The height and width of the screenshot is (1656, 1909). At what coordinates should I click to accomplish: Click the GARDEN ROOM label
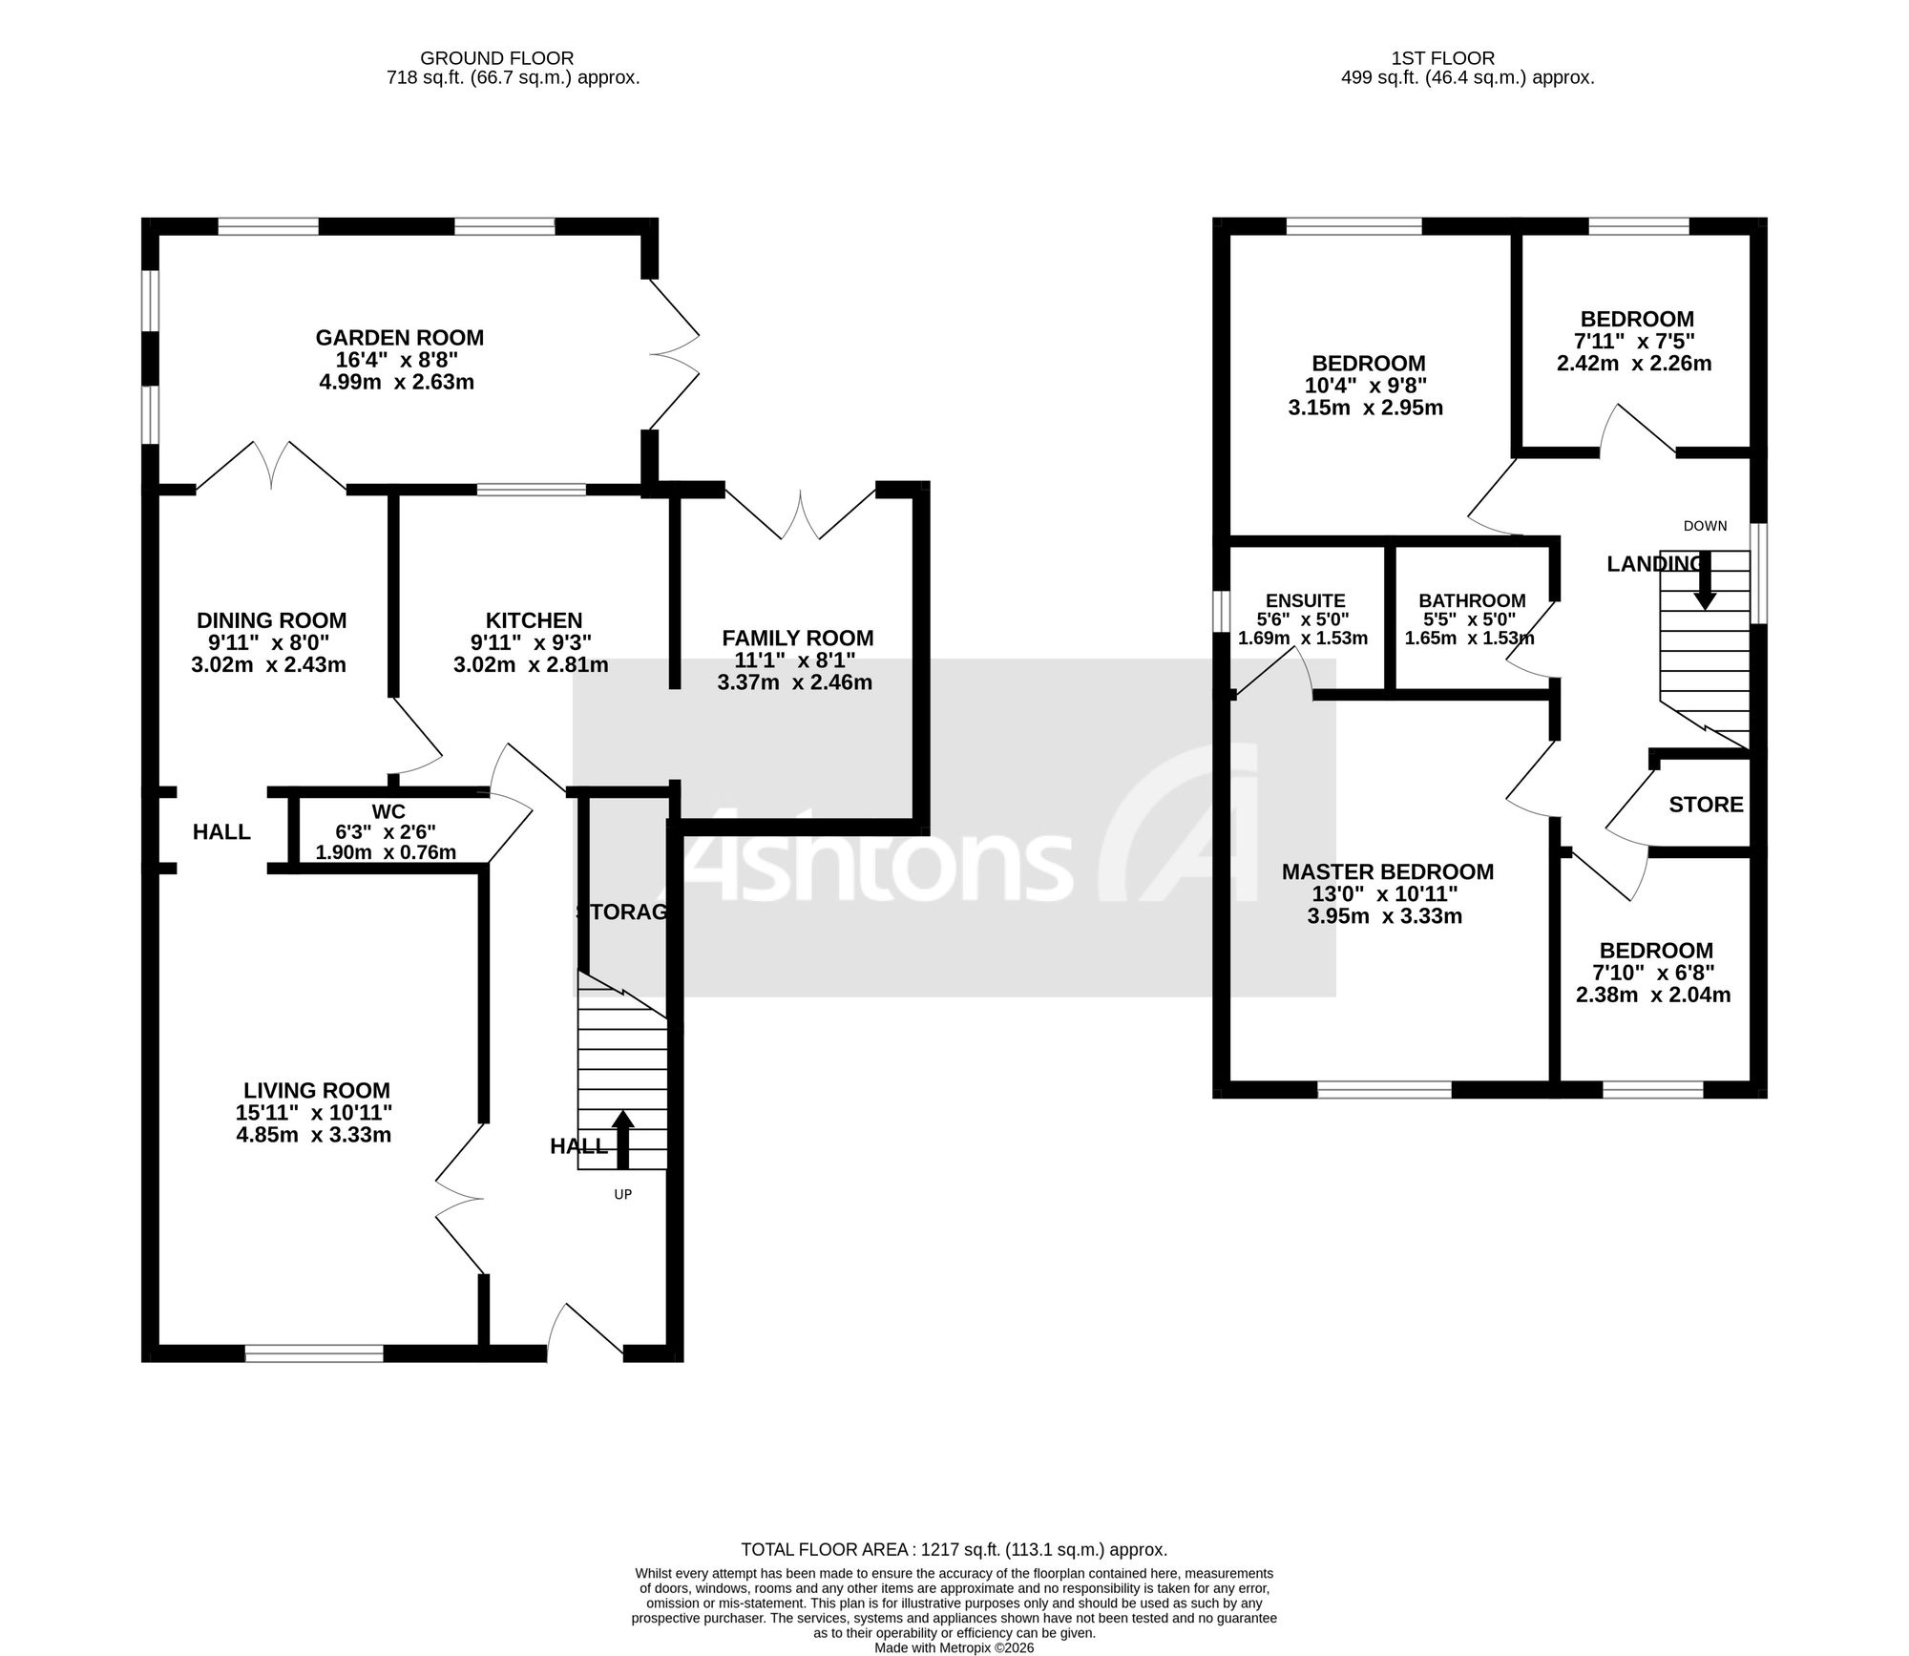(x=400, y=338)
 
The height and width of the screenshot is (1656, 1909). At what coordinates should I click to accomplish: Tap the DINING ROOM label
(x=271, y=621)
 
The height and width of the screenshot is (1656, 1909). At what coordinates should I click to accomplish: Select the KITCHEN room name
(x=534, y=621)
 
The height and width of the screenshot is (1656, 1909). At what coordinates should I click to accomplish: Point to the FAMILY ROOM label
(x=798, y=639)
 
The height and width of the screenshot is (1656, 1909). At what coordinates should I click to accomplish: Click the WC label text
(x=388, y=812)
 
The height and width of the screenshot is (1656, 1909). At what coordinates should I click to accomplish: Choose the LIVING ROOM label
(x=317, y=1091)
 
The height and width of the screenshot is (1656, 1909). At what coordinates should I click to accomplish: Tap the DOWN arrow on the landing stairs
(x=1705, y=581)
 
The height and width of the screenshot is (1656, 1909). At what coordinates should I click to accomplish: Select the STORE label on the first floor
(x=1707, y=805)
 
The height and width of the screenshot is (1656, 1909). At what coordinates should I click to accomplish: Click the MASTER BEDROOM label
(x=1388, y=871)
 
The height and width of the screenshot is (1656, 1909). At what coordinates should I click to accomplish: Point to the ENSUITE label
(x=1306, y=600)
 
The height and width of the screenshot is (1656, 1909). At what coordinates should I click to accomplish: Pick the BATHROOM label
(x=1472, y=600)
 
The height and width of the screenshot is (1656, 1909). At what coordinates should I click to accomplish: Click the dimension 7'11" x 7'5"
(x=1634, y=341)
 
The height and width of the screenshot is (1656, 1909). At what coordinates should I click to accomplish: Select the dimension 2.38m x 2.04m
(x=1653, y=995)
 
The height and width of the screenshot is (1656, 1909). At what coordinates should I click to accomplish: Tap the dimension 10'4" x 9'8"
(x=1365, y=386)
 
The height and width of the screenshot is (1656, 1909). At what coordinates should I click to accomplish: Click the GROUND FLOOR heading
(x=497, y=58)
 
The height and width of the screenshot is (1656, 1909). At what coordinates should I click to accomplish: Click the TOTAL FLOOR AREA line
(x=954, y=1551)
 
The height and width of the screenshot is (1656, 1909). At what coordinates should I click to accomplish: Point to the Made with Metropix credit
(x=954, y=1647)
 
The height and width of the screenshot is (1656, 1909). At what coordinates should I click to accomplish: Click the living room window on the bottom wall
(x=314, y=1352)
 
